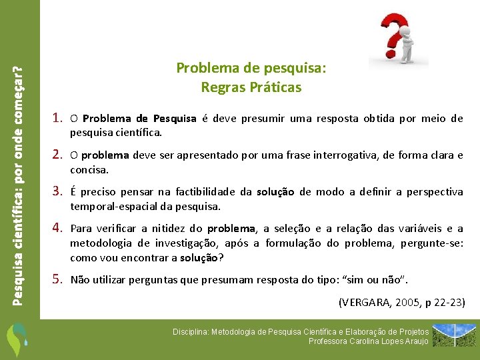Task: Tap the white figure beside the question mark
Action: [x=407, y=43]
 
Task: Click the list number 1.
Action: [x=57, y=119]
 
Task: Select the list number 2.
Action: [x=57, y=155]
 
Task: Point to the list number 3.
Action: [x=57, y=191]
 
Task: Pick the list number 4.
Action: [x=57, y=227]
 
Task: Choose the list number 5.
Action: [x=57, y=279]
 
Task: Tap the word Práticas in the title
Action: [x=277, y=87]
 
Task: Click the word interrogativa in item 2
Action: [x=345, y=155]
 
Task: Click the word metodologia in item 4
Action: [x=101, y=243]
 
